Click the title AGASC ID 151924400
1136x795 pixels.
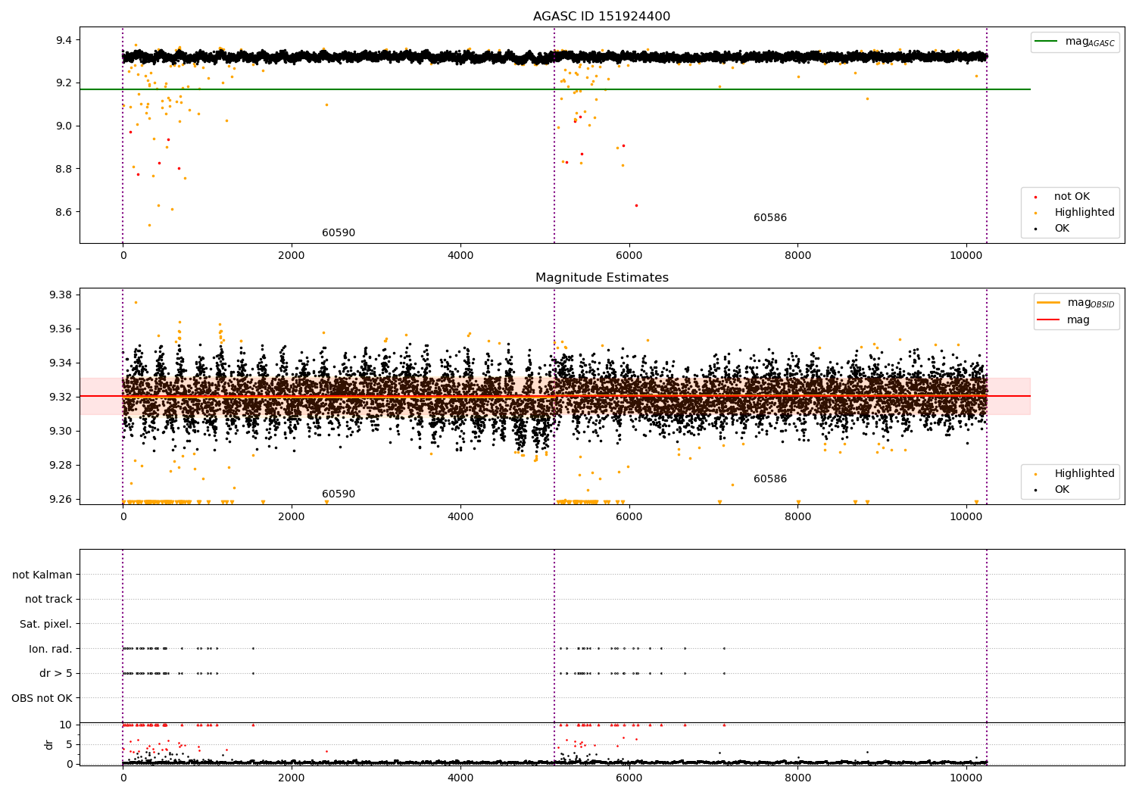click(601, 17)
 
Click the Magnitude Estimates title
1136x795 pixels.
click(601, 278)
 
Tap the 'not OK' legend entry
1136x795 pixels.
click(1072, 197)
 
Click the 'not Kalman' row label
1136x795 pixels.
click(42, 575)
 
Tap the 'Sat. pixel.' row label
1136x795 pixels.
click(45, 624)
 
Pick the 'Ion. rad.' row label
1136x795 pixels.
click(50, 649)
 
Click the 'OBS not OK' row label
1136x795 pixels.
click(42, 698)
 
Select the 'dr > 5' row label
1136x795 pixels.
click(55, 673)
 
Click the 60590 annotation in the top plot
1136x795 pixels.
click(338, 233)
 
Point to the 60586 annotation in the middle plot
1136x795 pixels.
click(769, 479)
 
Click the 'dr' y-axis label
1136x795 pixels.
click(49, 744)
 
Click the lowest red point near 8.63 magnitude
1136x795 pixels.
click(636, 205)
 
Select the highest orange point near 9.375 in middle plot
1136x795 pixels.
click(136, 302)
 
